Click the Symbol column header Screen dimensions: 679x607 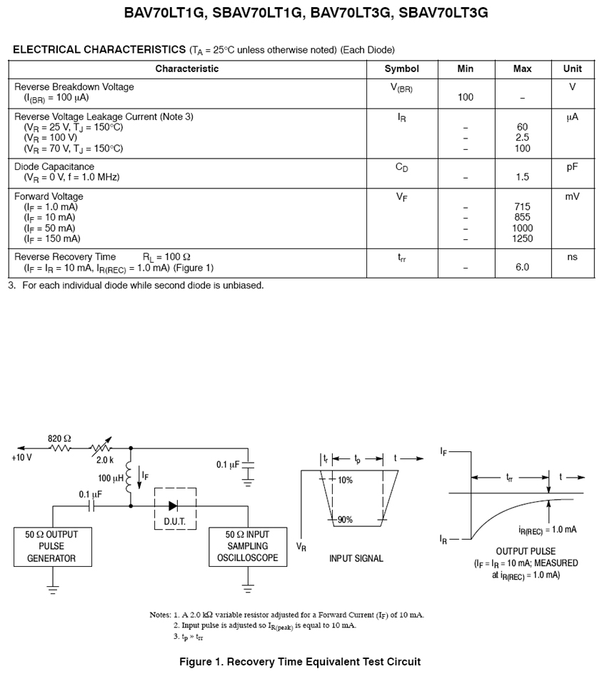click(x=401, y=69)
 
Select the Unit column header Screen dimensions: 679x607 click(x=572, y=69)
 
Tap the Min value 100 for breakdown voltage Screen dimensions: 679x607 click(x=466, y=98)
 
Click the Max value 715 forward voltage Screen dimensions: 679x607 click(x=522, y=207)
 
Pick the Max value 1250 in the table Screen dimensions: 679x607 click(x=522, y=239)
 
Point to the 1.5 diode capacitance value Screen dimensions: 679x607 click(x=522, y=177)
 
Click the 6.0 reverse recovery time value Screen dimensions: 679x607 click(x=522, y=268)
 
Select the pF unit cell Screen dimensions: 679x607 click(x=572, y=166)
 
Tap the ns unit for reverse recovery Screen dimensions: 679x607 click(x=572, y=257)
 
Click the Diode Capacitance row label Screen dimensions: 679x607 click(x=54, y=166)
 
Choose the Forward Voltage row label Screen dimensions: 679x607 click(x=49, y=196)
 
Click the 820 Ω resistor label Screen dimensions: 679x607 click(x=60, y=438)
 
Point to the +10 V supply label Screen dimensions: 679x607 click(x=21, y=458)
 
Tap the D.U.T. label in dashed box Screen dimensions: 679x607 click(x=175, y=522)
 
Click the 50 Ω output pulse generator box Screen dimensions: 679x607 click(x=52, y=547)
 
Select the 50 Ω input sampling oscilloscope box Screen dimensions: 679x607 click(x=247, y=547)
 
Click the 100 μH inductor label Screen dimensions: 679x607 click(x=110, y=478)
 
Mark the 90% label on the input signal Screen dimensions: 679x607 click(x=346, y=520)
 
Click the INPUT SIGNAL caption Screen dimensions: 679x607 click(x=356, y=558)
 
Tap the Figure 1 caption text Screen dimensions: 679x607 click(x=299, y=662)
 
